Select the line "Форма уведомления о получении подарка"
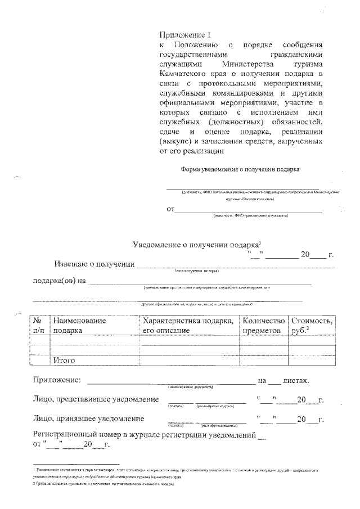(240, 169)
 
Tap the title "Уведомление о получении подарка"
(195, 245)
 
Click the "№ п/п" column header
(39, 325)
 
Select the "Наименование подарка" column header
(79, 325)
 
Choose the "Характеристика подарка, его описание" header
(188, 325)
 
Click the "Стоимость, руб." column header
(312, 325)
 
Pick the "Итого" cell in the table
(64, 360)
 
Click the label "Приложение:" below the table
(56, 380)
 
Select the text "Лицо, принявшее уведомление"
(88, 419)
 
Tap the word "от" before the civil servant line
(169, 210)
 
